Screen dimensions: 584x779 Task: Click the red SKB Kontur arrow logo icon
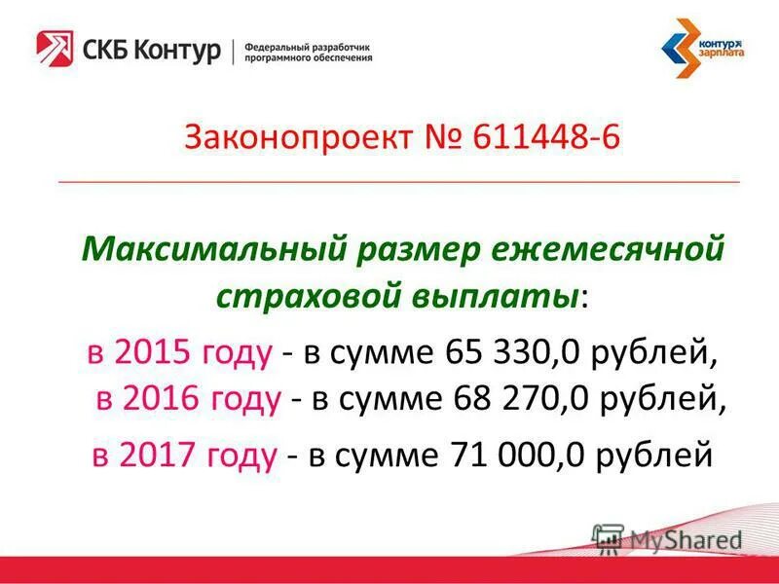pyautogui.click(x=55, y=49)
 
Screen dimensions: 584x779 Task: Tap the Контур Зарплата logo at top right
pyautogui.click(x=701, y=48)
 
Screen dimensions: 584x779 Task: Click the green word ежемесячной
pyautogui.click(x=605, y=250)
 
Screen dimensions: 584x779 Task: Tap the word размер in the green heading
pyautogui.click(x=417, y=250)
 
